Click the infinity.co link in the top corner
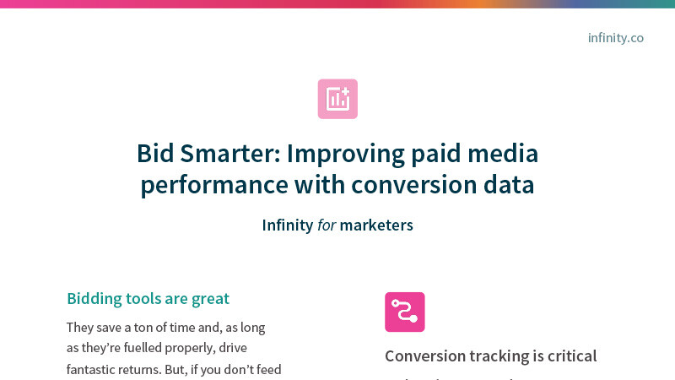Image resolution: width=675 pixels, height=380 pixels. click(x=615, y=38)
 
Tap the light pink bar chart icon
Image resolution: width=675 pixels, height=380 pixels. click(x=337, y=99)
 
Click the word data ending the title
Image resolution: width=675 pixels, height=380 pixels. click(x=506, y=185)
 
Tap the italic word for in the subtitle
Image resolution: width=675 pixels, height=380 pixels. click(x=327, y=225)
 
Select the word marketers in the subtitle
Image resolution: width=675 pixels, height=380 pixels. click(x=376, y=225)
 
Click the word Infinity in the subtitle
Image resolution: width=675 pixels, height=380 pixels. click(x=287, y=225)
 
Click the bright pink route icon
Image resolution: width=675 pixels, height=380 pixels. click(x=405, y=312)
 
